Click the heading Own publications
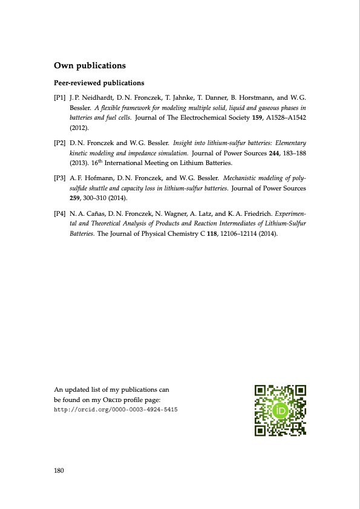[90, 65]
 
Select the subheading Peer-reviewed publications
[99, 82]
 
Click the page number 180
[60, 470]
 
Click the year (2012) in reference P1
[79, 128]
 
